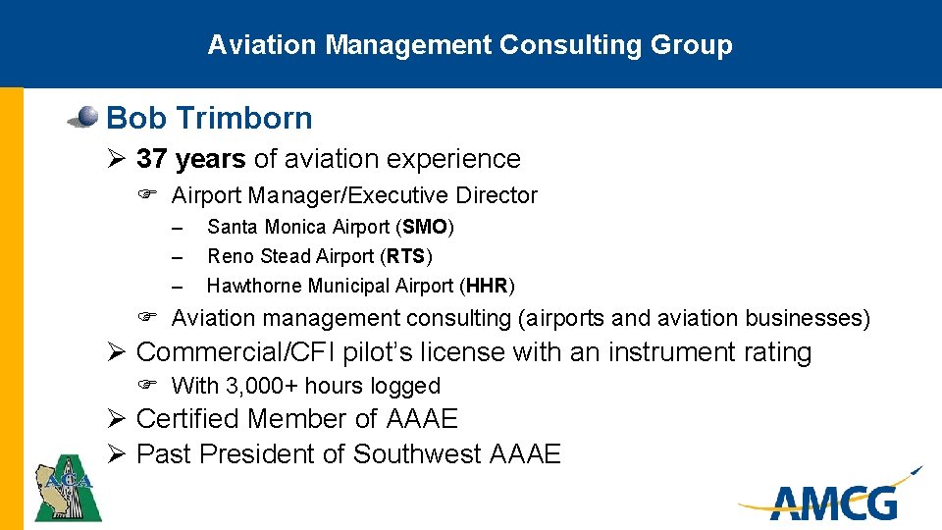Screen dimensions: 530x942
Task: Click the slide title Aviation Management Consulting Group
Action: (x=470, y=45)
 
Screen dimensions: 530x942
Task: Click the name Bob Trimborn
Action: (x=209, y=119)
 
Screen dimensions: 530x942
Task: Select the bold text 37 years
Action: (x=191, y=159)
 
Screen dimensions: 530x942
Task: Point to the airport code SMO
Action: (x=425, y=228)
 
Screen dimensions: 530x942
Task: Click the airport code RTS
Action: (x=405, y=257)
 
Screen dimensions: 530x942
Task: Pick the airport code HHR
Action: (x=487, y=287)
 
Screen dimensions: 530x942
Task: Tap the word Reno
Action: (x=228, y=257)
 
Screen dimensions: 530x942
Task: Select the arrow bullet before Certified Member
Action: (x=115, y=419)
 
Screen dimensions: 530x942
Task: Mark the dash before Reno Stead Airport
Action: (x=177, y=257)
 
